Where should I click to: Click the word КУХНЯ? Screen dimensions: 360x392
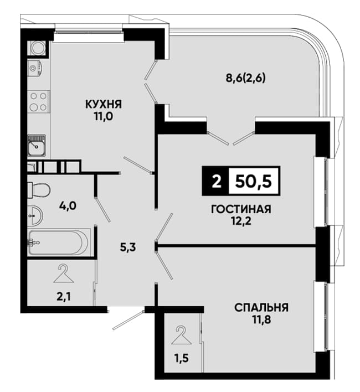(x=104, y=104)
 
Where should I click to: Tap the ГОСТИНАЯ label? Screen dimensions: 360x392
(x=241, y=209)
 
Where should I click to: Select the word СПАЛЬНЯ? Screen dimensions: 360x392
(x=261, y=307)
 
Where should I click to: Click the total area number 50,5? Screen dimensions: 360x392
(x=253, y=181)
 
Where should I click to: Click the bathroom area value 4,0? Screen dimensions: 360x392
(x=68, y=206)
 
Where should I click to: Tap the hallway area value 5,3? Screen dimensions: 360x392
(x=128, y=247)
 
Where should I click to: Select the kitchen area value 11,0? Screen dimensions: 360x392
(x=104, y=116)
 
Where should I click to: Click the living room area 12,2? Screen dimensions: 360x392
(x=241, y=221)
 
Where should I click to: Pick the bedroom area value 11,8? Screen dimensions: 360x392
(x=261, y=319)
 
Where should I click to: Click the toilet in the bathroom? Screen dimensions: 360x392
(x=39, y=190)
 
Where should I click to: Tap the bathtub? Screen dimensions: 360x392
(x=58, y=243)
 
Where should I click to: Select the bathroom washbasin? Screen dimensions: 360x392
(x=35, y=215)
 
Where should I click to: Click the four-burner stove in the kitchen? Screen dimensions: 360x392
(x=39, y=102)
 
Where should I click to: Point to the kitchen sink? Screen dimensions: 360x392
(x=37, y=145)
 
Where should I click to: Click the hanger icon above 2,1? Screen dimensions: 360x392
(x=63, y=274)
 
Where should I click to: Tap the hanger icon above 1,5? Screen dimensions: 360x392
(x=182, y=335)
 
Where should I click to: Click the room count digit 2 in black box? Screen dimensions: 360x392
(x=217, y=181)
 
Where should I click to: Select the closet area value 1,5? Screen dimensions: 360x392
(x=181, y=358)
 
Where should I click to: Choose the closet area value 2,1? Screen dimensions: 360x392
(x=64, y=297)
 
